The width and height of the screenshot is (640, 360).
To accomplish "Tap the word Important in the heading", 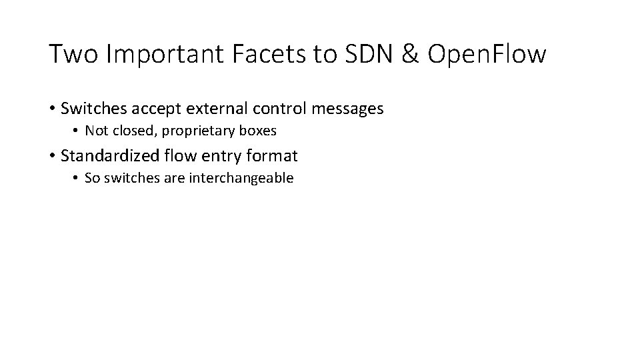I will (167, 54).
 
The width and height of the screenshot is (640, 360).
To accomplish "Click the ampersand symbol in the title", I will (410, 54).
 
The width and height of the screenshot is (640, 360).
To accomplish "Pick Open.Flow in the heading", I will (487, 54).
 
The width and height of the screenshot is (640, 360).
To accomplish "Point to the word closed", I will (129, 131).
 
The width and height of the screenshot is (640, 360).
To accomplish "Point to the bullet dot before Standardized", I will (52, 157).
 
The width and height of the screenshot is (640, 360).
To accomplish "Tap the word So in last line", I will (93, 178).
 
